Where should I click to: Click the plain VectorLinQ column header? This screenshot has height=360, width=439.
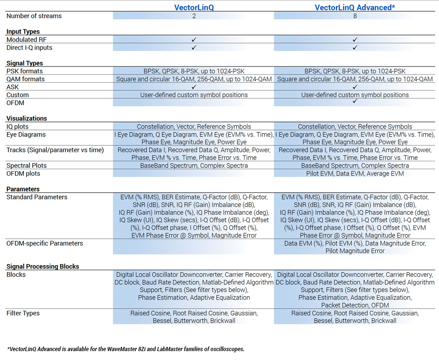point(194,7)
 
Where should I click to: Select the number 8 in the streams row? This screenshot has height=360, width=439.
point(355,16)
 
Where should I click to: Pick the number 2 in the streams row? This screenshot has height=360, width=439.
point(194,16)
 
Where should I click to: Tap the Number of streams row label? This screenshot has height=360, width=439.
point(34,16)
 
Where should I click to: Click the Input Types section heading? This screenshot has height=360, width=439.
point(23,32)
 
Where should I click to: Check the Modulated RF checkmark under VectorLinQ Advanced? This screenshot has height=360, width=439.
point(355,40)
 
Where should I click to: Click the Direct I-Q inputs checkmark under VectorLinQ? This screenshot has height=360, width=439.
point(194,48)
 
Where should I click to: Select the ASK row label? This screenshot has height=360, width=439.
point(13,87)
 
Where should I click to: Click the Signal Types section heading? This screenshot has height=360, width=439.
point(25,63)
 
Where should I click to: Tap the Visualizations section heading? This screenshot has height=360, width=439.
point(27,119)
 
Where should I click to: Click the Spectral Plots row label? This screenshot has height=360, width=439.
point(27,166)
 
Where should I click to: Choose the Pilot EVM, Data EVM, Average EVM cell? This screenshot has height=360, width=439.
point(355,173)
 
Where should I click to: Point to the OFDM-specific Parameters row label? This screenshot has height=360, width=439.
point(45,244)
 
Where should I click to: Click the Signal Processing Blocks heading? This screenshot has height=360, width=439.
point(43,266)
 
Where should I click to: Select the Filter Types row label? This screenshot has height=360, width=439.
point(23,313)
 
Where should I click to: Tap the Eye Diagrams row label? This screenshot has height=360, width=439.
point(26,135)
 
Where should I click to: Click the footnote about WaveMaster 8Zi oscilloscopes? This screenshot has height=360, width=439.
point(126,349)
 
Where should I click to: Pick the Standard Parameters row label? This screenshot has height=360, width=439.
point(37,197)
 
